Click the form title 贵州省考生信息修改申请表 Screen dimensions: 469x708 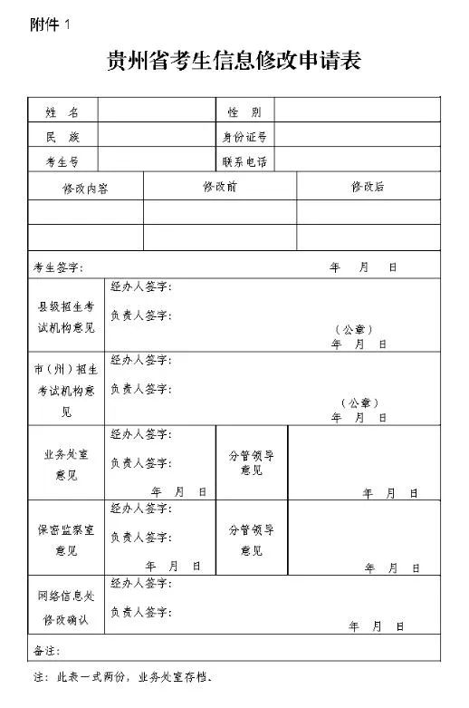tap(234, 62)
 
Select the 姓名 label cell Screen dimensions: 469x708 tap(62, 112)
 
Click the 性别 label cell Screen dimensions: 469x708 tap(244, 112)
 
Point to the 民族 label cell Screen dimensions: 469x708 tap(62, 137)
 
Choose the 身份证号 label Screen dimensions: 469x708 tap(244, 137)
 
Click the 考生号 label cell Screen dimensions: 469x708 tap(62, 161)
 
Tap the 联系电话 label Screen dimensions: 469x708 tap(244, 161)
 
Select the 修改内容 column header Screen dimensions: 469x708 tap(86, 188)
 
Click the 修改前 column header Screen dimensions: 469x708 tap(220, 187)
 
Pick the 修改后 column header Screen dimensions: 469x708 tap(368, 187)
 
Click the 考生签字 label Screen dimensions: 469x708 tap(58, 267)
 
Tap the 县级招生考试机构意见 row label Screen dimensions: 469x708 tap(66, 316)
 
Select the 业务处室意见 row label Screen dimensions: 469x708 tap(66, 462)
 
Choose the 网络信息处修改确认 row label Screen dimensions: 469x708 tap(66, 606)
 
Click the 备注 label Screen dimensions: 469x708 tap(45, 650)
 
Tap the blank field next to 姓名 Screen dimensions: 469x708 tap(157, 112)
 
